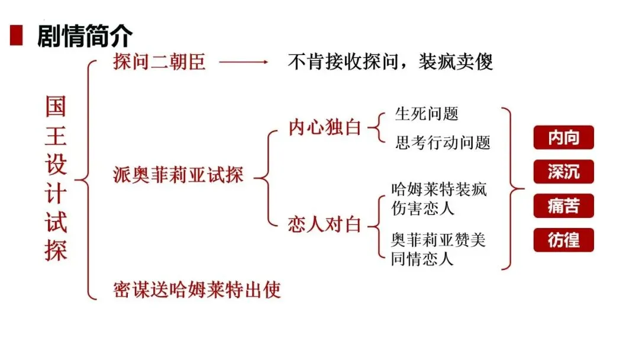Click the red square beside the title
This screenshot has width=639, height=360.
pos(17,36)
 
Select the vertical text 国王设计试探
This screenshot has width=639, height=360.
pos(56,179)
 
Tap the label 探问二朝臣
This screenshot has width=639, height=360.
pos(159,62)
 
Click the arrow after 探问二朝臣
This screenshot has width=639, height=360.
pos(243,62)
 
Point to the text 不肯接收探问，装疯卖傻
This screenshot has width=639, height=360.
pos(390,62)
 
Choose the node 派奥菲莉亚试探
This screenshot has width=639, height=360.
pos(178,175)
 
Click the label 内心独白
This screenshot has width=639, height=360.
pos(325,127)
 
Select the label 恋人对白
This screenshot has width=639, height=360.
pos(325,225)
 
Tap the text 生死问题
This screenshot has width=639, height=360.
pos(427,113)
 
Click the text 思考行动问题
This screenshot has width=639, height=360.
pos(443,142)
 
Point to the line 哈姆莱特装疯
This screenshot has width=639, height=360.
pos(438,190)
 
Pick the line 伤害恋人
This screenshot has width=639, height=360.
pos(422,208)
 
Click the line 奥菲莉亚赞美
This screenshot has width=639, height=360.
pos(438,241)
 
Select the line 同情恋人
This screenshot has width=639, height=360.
pos(422,259)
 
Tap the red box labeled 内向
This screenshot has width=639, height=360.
pos(563,138)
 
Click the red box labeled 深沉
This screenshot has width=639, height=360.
pos(563,172)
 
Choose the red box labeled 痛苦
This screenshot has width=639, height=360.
pos(563,207)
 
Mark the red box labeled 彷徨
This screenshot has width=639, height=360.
pos(563,241)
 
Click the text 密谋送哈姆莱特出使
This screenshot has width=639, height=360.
pos(196,290)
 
